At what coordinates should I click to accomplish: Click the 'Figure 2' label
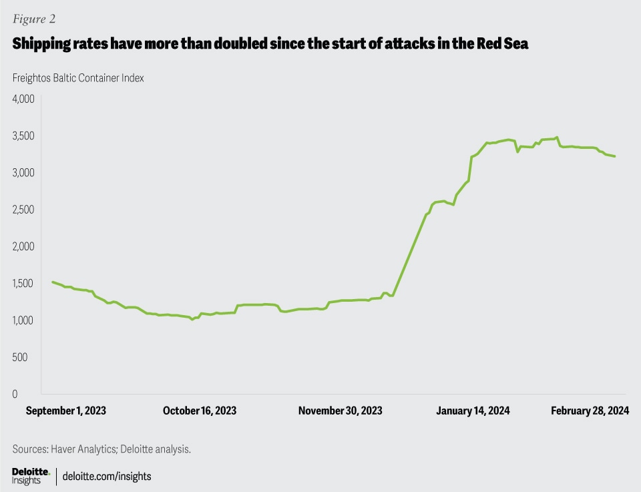tap(34, 18)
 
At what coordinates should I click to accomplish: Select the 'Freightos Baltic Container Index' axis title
tap(78, 78)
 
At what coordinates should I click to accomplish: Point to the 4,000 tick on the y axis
tap(23, 99)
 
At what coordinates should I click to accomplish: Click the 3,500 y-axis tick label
tap(23, 136)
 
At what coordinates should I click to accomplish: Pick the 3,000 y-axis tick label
tap(23, 173)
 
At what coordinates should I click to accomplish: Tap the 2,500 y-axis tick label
tap(23, 210)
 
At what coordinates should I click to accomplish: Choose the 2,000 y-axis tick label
tap(23, 246)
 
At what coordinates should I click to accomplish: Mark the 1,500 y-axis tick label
tap(23, 284)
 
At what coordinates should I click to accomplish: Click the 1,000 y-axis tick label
tap(23, 320)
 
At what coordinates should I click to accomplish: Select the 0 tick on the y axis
tap(15, 394)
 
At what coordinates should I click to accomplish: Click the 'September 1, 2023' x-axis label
tap(66, 411)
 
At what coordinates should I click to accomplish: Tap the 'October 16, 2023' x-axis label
tap(200, 411)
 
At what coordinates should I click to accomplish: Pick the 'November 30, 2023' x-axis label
tap(341, 411)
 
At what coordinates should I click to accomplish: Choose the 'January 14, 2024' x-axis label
tap(473, 411)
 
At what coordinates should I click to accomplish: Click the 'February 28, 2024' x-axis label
tap(590, 411)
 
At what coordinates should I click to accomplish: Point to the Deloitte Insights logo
tap(31, 476)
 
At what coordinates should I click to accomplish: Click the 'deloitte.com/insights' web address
tap(107, 476)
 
